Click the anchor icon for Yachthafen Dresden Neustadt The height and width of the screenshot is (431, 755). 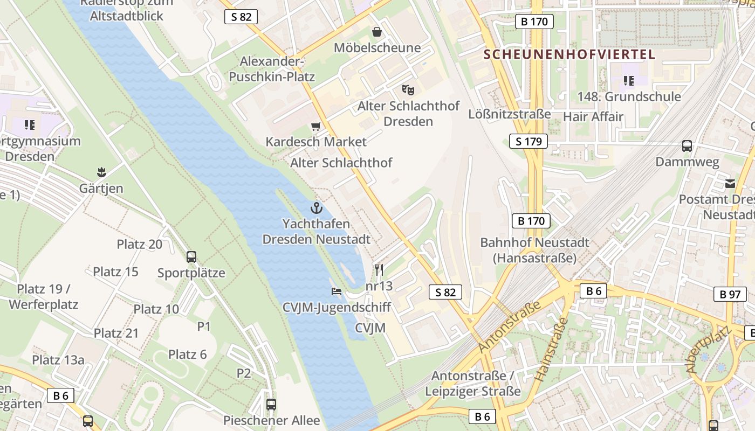(x=315, y=207)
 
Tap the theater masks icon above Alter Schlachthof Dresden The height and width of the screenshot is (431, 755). (x=408, y=89)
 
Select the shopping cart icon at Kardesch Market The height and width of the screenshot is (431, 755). (x=315, y=127)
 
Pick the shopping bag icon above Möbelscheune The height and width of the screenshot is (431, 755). (x=376, y=32)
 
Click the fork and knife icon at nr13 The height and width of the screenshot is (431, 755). (x=379, y=270)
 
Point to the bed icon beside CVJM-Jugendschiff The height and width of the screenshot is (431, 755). (x=337, y=291)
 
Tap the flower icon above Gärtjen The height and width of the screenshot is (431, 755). (x=101, y=172)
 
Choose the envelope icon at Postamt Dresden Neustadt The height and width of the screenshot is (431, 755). (x=730, y=183)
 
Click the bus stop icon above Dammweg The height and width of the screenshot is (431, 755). (x=687, y=145)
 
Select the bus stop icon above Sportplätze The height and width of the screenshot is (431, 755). (x=191, y=256)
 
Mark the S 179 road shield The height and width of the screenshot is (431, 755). (x=528, y=142)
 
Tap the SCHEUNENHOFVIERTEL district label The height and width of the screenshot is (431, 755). (x=569, y=54)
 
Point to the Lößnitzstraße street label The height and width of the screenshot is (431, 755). (x=509, y=114)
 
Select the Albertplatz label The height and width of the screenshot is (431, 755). (x=706, y=350)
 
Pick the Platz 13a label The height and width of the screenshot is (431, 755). (x=58, y=360)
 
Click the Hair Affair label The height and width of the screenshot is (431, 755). (x=593, y=117)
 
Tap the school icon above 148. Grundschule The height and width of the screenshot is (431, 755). (x=628, y=81)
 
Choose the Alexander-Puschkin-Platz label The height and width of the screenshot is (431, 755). (x=272, y=69)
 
